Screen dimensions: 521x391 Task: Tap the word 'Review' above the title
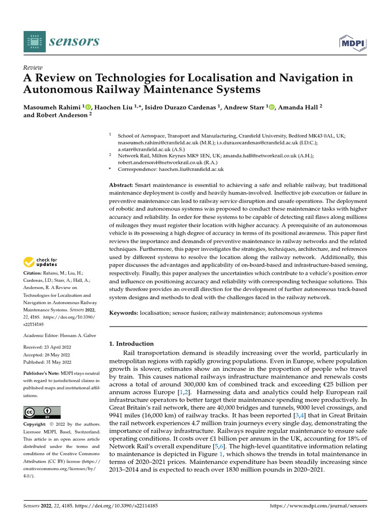(x=33, y=68)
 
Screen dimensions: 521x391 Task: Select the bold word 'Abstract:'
(x=122, y=184)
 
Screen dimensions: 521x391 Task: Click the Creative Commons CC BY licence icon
(x=42, y=412)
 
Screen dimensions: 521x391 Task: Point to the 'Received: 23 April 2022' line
(x=48, y=347)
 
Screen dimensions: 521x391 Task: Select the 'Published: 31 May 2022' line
(x=48, y=362)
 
